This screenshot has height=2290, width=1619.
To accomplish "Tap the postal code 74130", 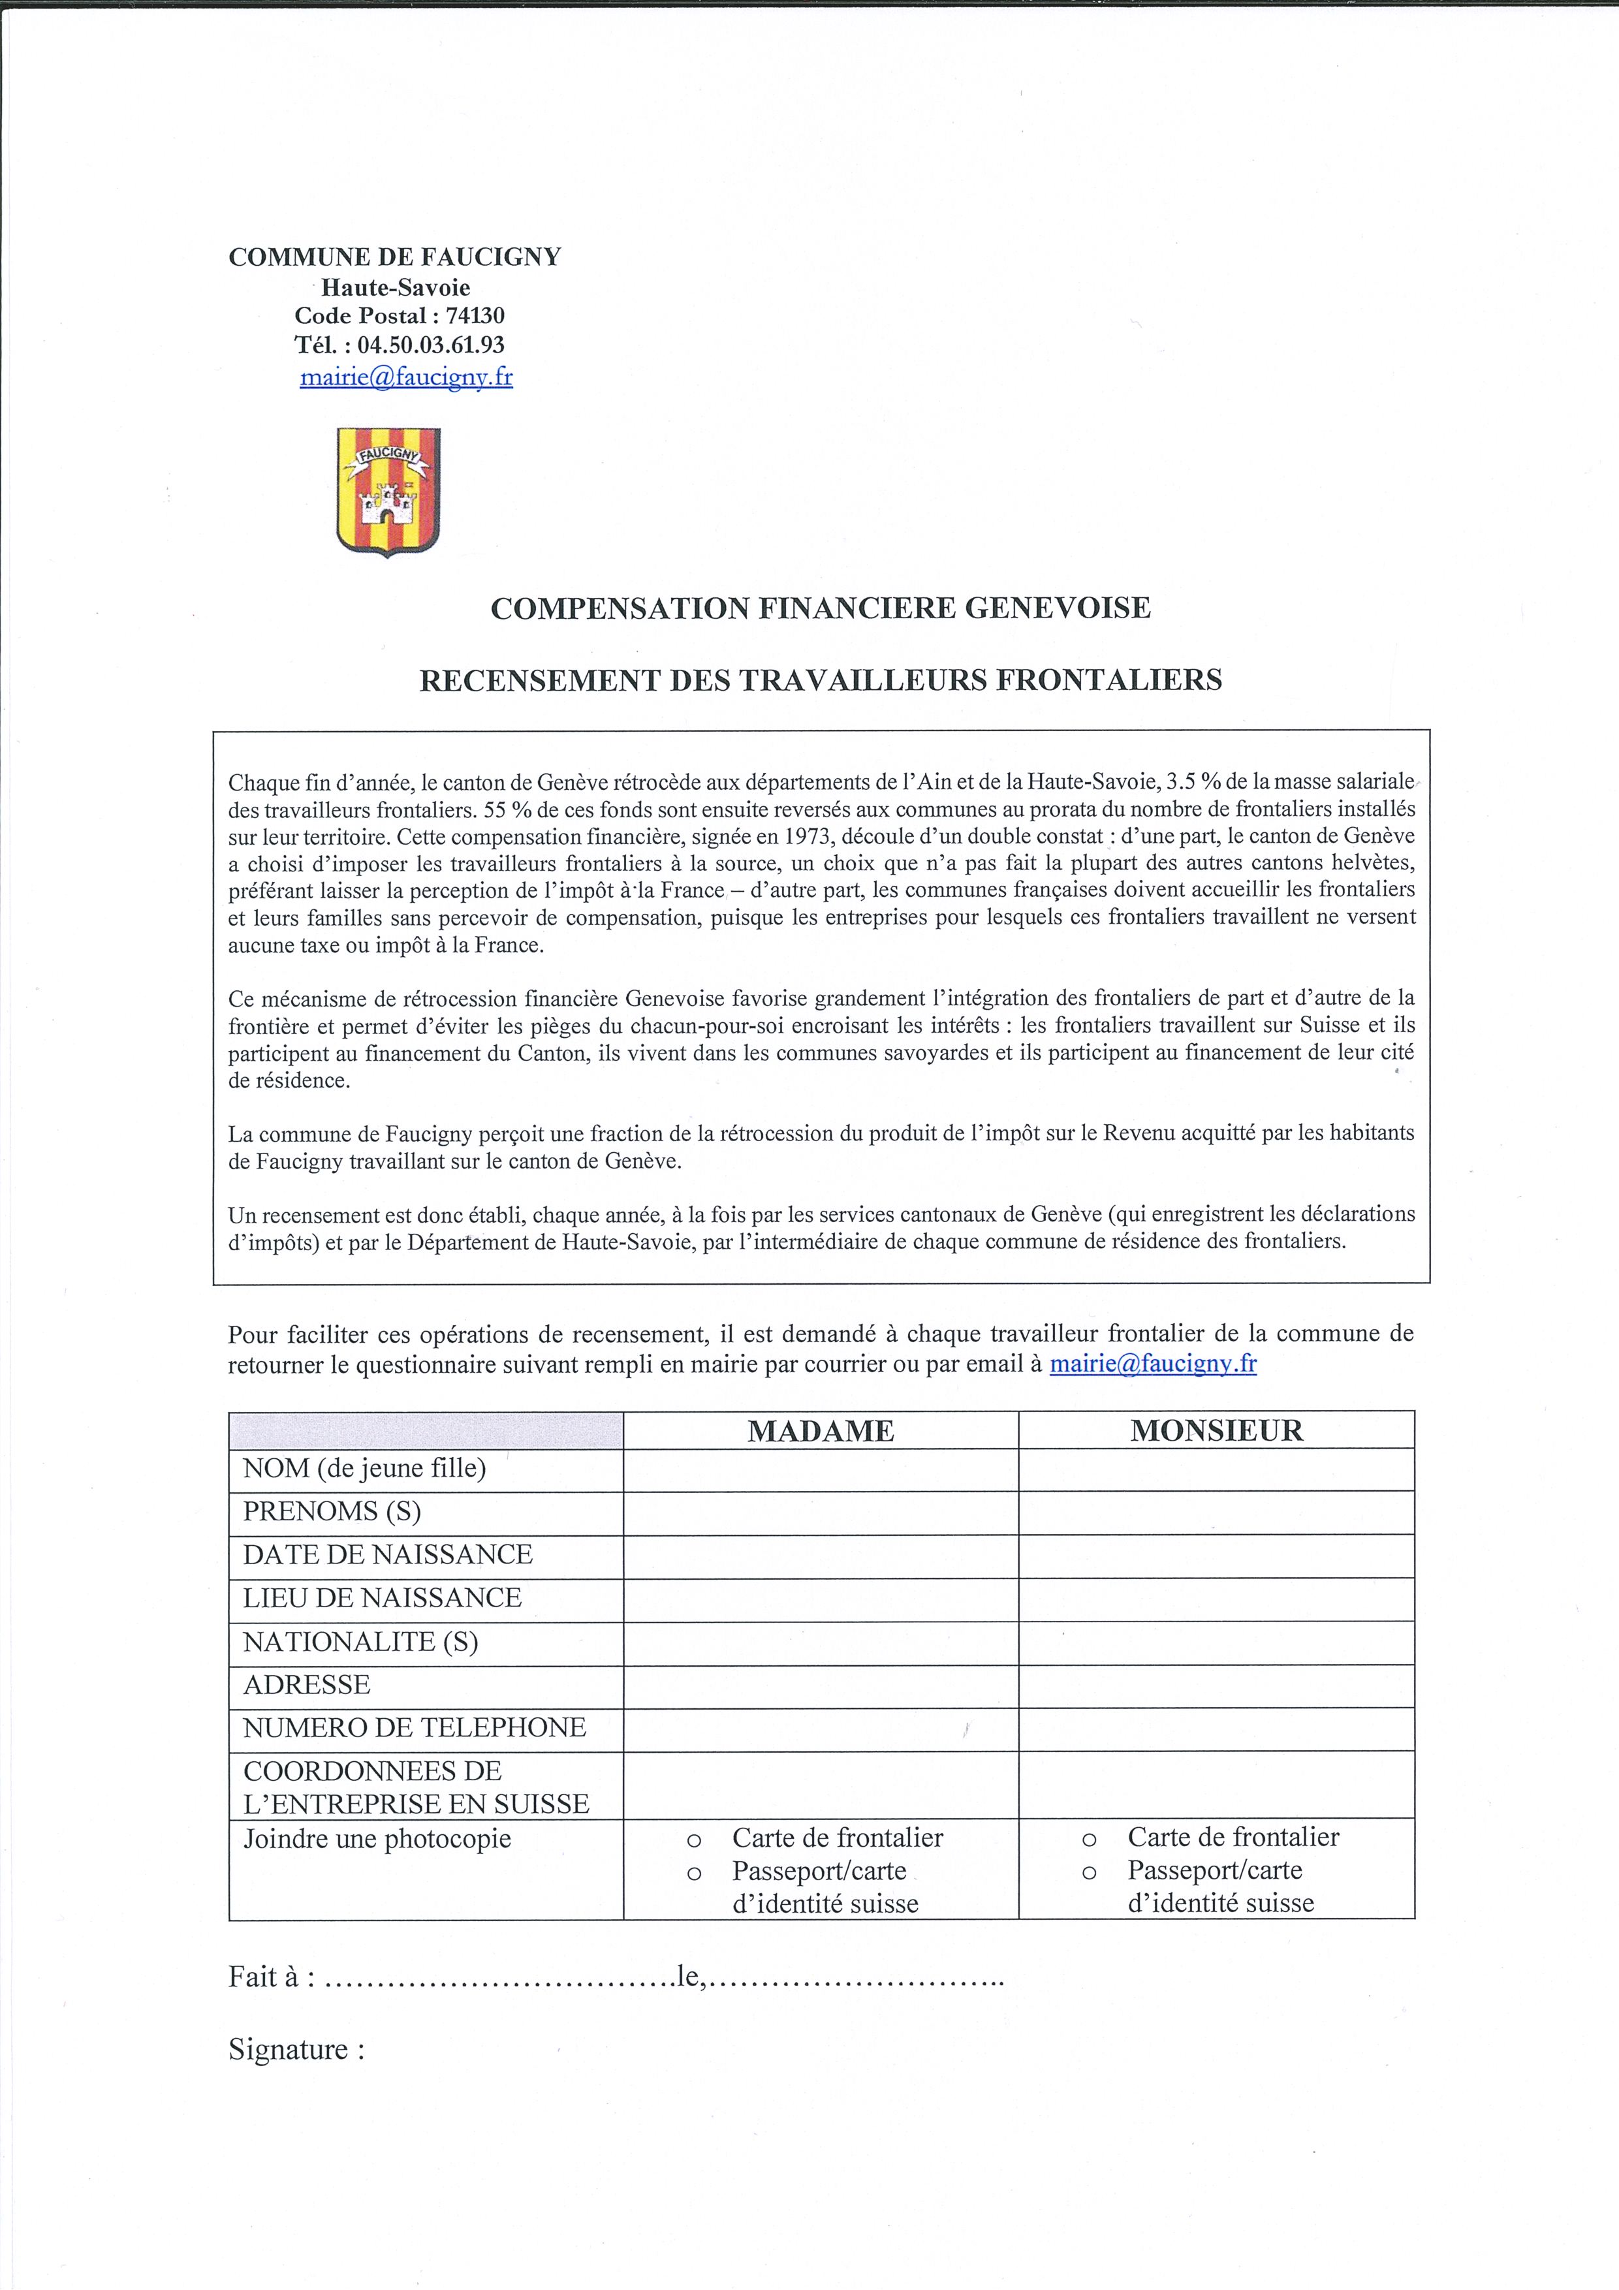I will tap(475, 316).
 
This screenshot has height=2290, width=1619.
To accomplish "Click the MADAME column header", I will tap(821, 1430).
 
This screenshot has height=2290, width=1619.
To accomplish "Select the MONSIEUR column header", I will tap(1216, 1430).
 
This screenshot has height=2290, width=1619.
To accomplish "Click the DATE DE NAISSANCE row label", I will tap(388, 1554).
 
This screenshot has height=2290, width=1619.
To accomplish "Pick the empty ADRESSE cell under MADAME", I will tap(821, 1685).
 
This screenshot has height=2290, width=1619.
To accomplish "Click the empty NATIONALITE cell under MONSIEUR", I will tap(1216, 1642).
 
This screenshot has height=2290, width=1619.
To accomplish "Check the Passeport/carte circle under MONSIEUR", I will tap(1090, 1873).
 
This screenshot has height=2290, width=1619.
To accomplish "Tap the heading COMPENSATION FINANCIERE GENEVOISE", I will tap(820, 607).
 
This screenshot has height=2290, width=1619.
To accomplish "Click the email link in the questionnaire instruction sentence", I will tap(1153, 1364).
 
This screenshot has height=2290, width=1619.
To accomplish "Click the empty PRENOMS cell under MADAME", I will tap(821, 1512).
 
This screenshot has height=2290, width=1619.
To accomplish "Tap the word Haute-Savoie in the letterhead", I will tap(395, 287).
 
